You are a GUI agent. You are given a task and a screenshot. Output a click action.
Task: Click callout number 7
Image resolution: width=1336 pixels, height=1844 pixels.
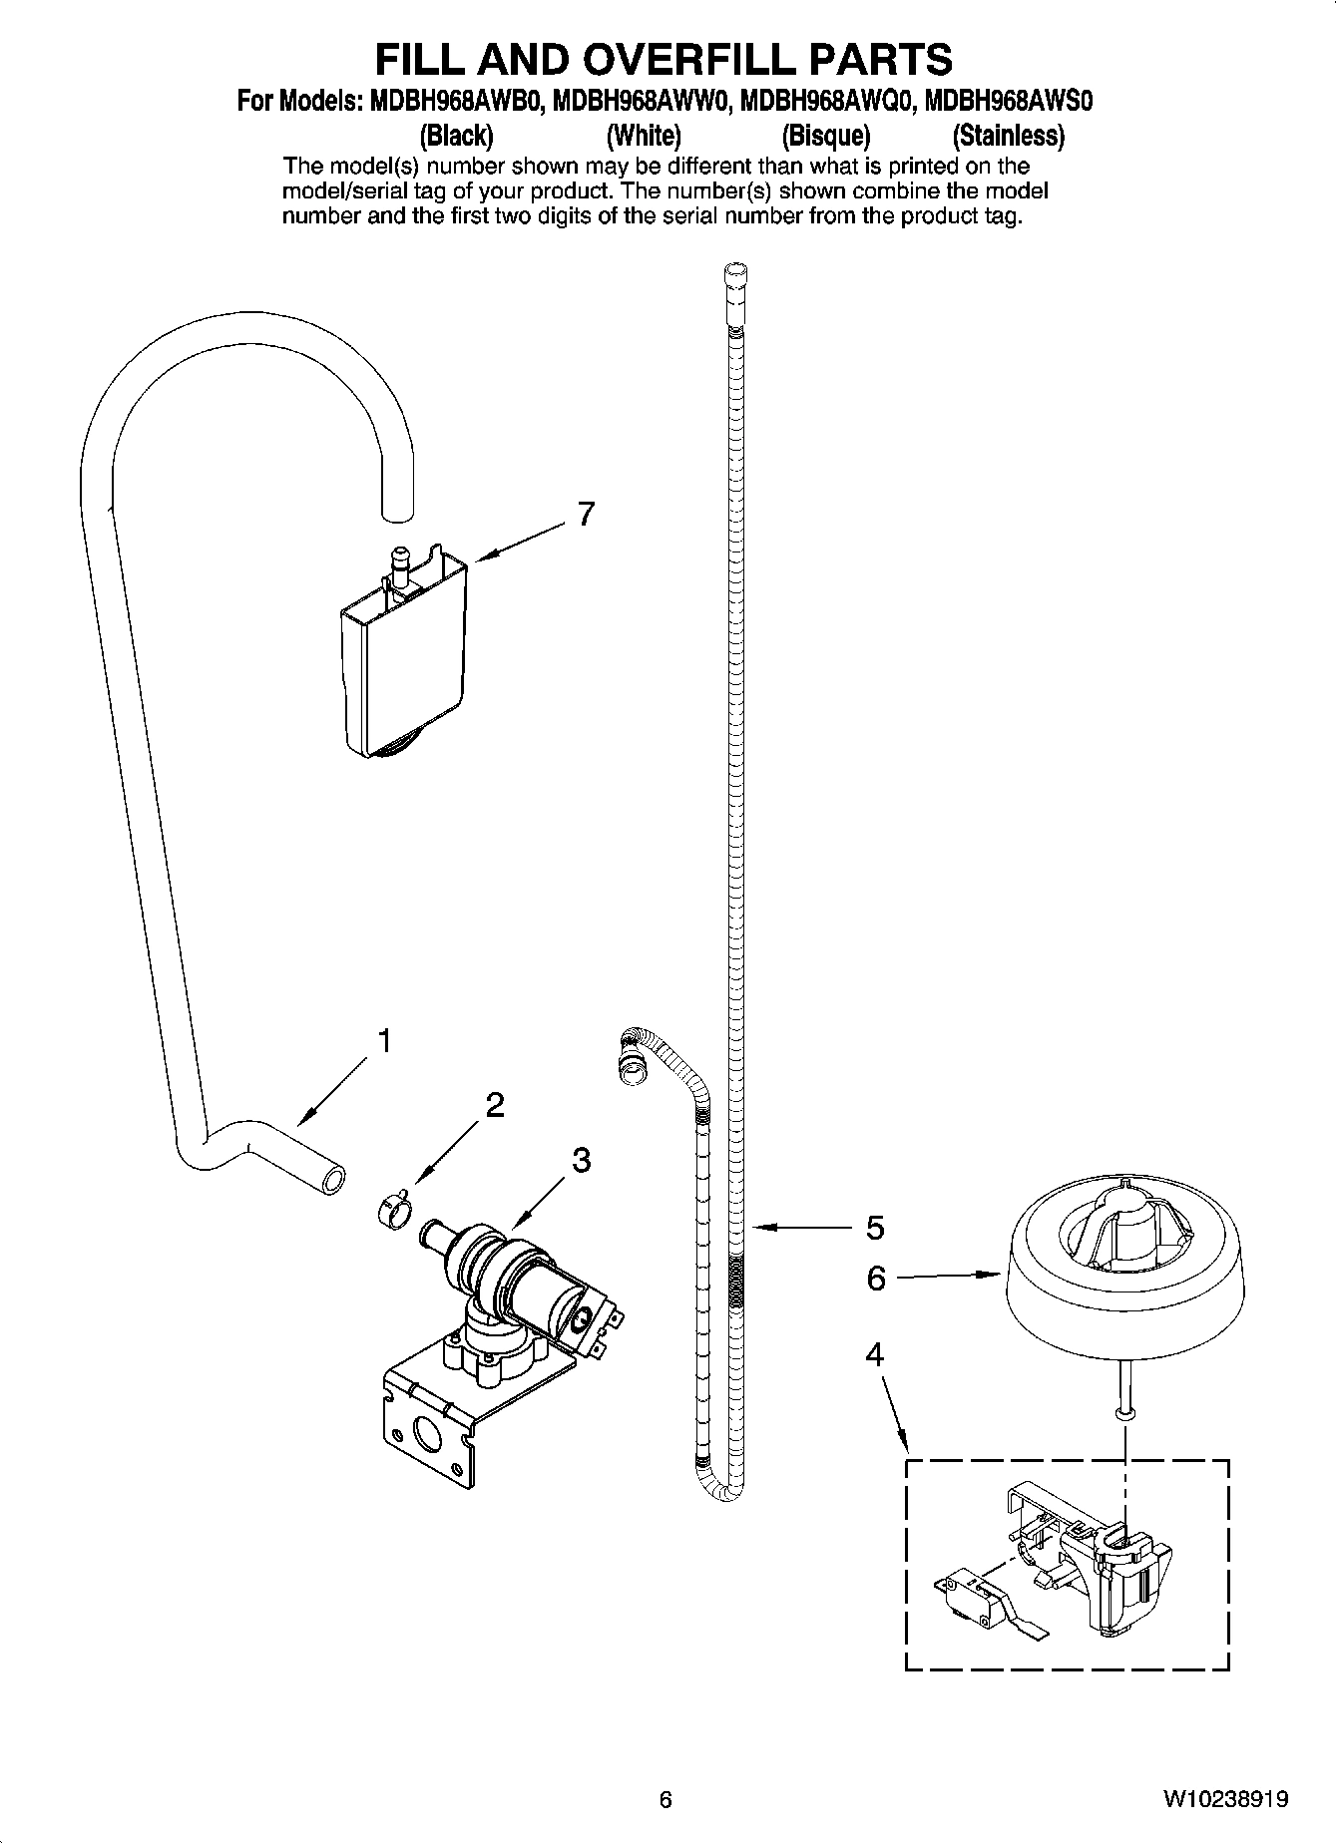(x=586, y=515)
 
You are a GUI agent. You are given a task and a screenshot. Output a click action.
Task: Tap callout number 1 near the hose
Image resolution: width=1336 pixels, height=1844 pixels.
(x=383, y=1041)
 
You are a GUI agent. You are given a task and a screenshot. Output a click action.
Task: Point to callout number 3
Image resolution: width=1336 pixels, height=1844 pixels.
(x=581, y=1160)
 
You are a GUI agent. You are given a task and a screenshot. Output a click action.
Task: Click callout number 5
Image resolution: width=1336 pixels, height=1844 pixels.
(x=874, y=1228)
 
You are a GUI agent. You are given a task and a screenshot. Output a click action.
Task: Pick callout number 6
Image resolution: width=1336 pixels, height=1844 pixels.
(x=875, y=1277)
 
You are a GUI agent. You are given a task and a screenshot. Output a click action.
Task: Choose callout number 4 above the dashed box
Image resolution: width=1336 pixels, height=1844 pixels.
(x=874, y=1354)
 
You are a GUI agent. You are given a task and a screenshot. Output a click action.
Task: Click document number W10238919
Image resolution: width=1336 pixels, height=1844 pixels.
(x=1224, y=1799)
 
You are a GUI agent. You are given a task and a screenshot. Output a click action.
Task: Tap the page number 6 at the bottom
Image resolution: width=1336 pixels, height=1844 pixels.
(x=666, y=1800)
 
